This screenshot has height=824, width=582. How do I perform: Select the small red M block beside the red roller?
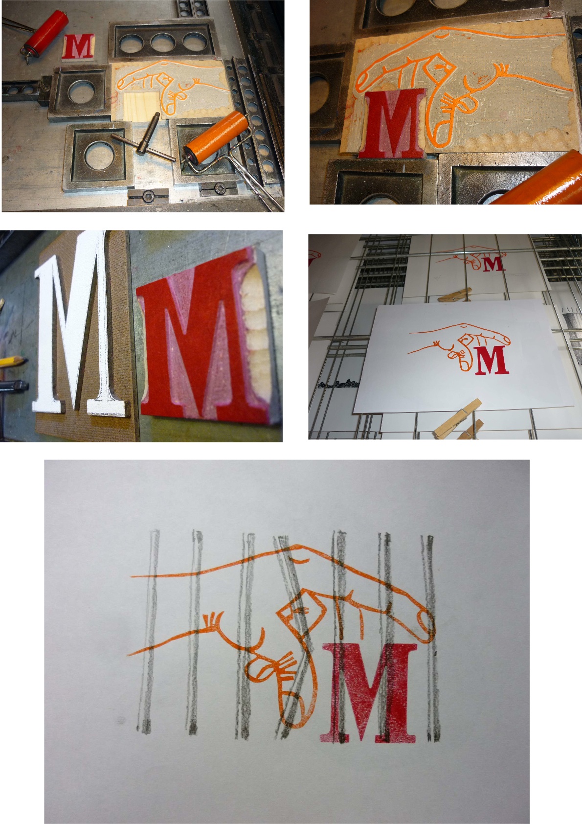(78, 46)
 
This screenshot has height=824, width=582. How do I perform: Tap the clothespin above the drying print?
(455, 294)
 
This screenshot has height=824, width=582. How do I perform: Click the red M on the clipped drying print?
(492, 360)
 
